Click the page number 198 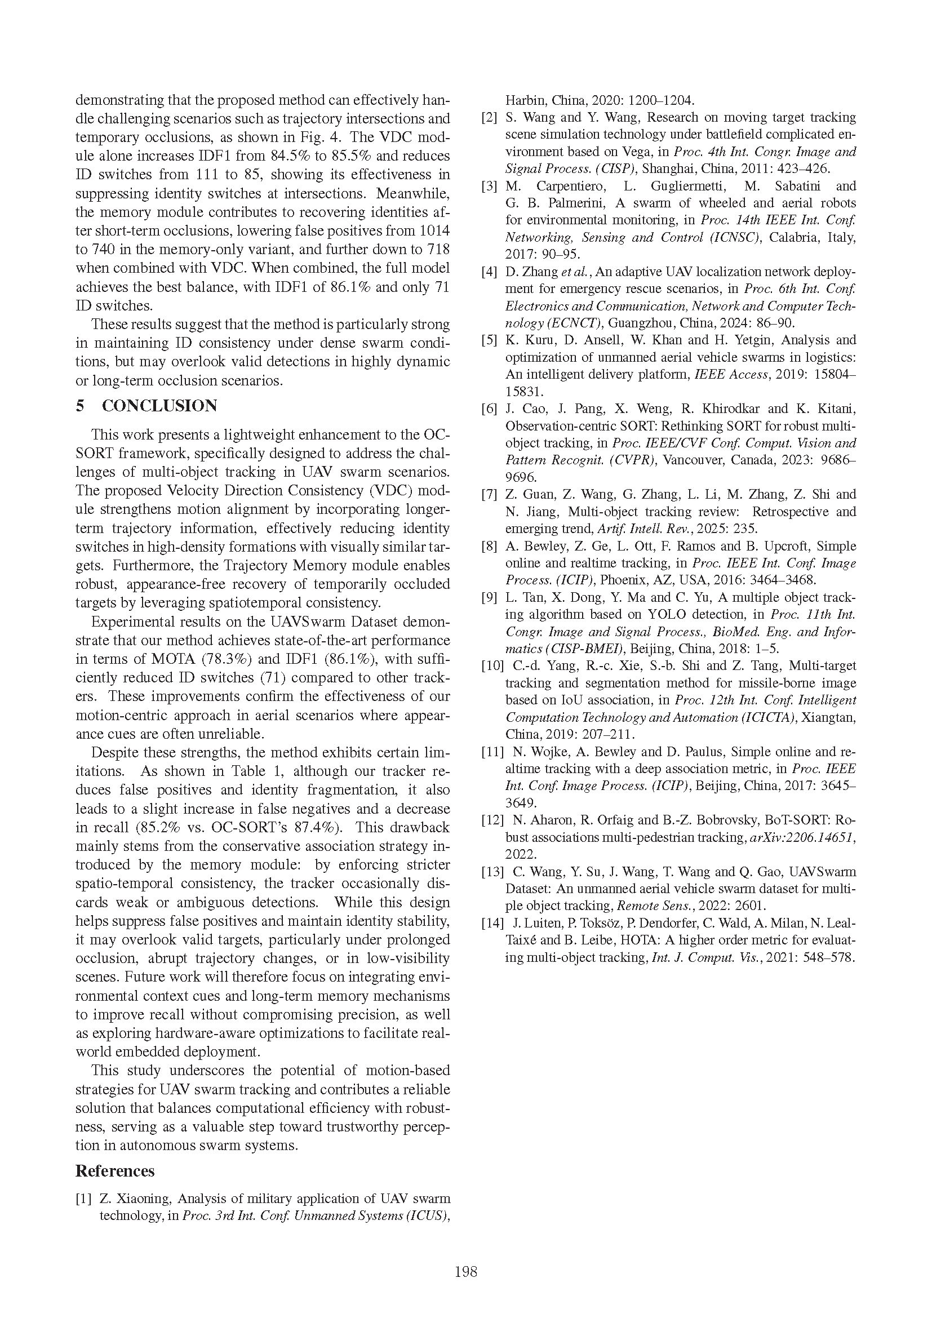465,1271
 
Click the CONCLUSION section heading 159,406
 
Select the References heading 115,1170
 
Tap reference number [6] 489,409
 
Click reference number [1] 83,1199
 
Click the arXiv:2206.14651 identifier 802,837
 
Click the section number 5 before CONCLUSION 81,406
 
